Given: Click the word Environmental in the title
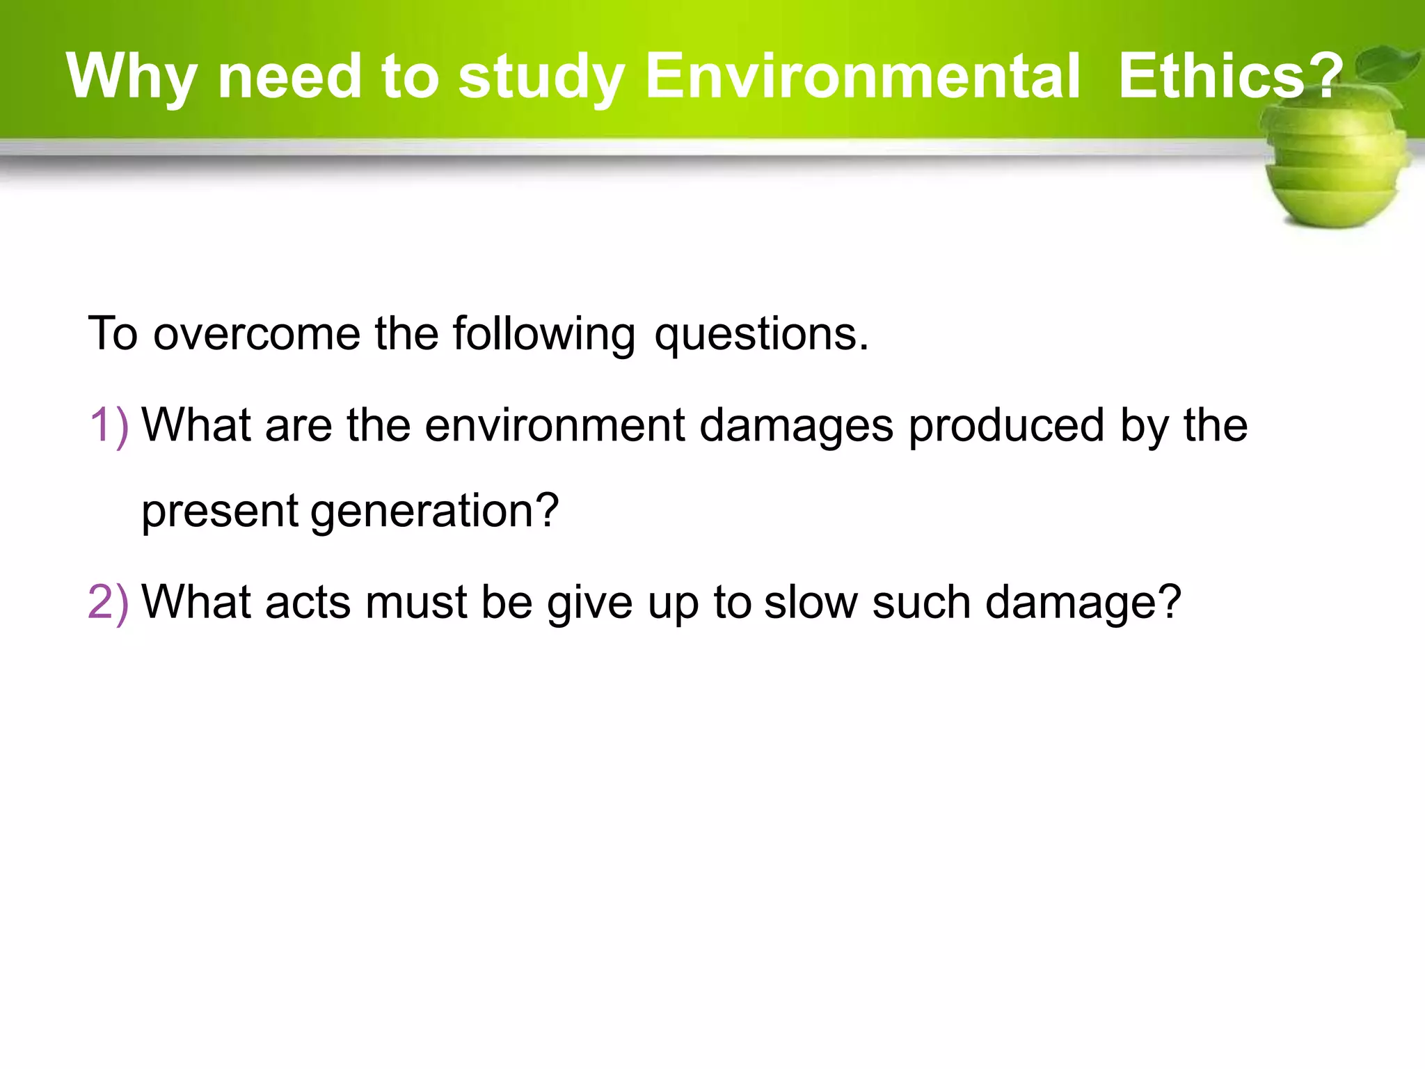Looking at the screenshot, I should click(863, 76).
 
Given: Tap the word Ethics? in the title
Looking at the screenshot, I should click(1230, 76).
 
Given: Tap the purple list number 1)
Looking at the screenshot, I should click(109, 425).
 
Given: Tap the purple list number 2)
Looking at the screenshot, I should click(109, 602).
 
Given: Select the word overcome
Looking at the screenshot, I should click(256, 333).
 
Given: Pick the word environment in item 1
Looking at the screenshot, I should click(555, 425).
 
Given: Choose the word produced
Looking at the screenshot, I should click(1006, 427).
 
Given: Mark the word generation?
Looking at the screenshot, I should click(434, 512).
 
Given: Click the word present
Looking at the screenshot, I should click(220, 512).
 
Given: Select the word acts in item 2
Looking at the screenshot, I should click(308, 602).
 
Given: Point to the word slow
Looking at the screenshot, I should click(811, 602).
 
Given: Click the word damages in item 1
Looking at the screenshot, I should click(796, 427).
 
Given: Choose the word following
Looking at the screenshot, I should click(543, 335).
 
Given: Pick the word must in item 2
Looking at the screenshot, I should click(416, 602).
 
